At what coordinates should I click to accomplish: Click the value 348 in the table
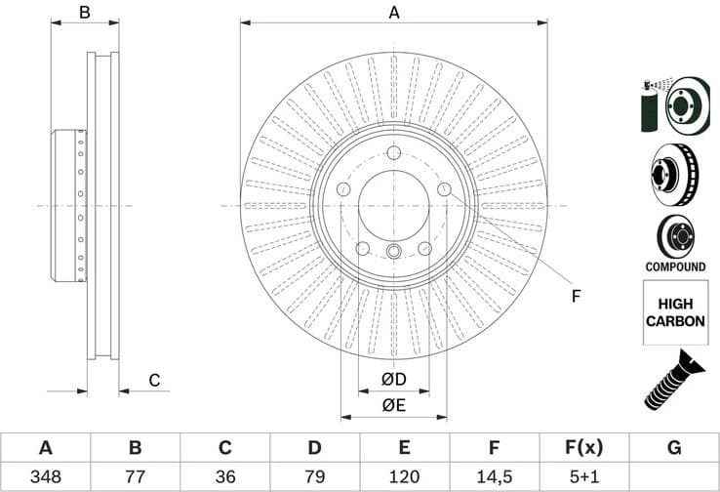45,477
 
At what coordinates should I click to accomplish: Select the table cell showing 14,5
495,477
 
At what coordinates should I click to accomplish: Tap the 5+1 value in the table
583,477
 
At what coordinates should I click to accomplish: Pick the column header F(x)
583,448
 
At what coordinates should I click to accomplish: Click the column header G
674,448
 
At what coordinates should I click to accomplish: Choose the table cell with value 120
404,477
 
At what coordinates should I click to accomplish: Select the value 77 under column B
135,477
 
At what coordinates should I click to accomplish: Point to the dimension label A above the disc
394,13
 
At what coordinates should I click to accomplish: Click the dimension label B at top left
85,13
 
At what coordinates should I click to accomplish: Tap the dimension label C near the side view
153,380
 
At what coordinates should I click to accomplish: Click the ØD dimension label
393,379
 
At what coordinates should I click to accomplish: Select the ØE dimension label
393,405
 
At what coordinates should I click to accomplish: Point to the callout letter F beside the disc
576,296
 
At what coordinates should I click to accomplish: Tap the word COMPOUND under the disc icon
674,266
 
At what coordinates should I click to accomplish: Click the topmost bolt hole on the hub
393,153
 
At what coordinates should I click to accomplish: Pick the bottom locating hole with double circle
393,253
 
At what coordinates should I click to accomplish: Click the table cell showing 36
224,477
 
